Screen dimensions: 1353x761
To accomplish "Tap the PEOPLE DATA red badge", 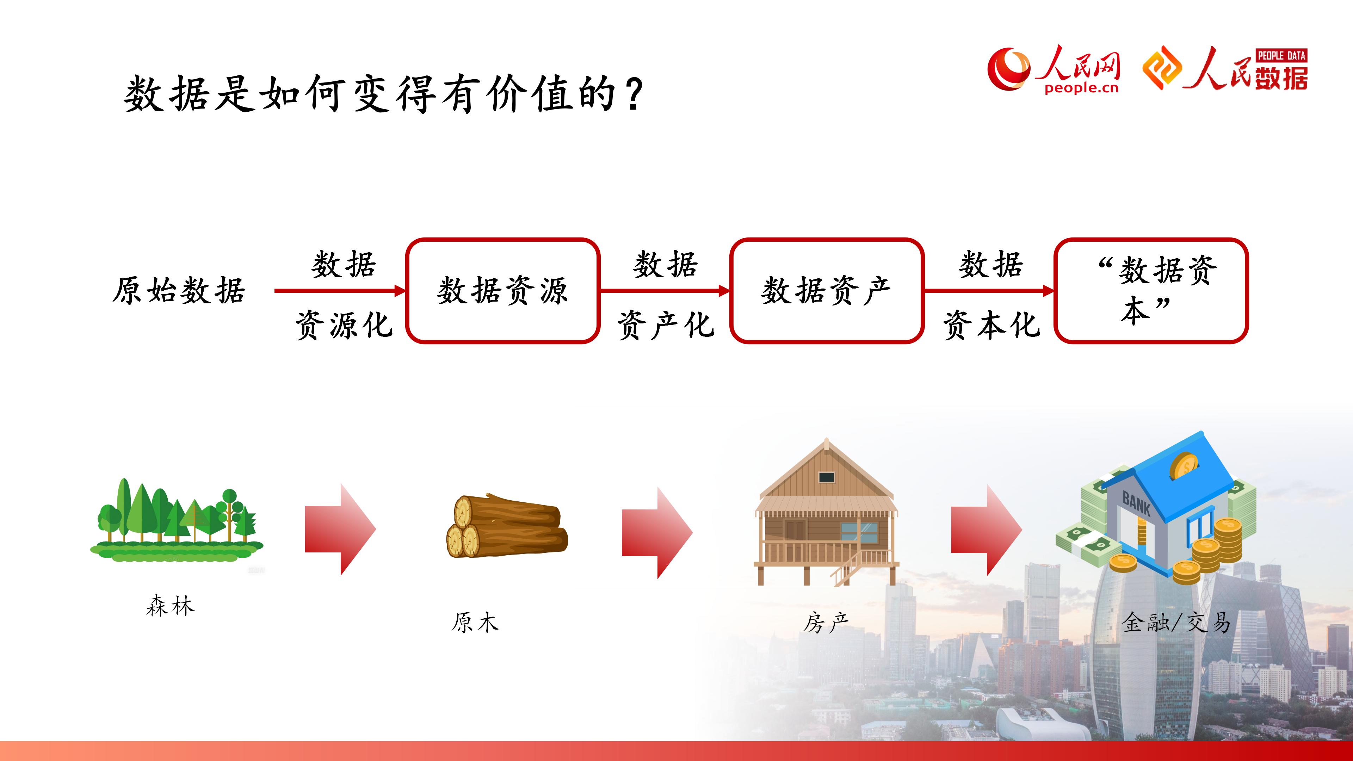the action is pos(1281,55).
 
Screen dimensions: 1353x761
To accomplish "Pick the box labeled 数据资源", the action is pos(503,291).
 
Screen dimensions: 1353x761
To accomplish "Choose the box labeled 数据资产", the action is pos(827,291).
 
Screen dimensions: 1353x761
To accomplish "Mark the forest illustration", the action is pos(177,520).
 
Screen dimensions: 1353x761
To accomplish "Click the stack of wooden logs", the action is pos(507,525).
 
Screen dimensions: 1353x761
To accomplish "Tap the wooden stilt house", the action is pos(826,512).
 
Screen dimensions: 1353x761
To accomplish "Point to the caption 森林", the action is pos(170,606).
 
